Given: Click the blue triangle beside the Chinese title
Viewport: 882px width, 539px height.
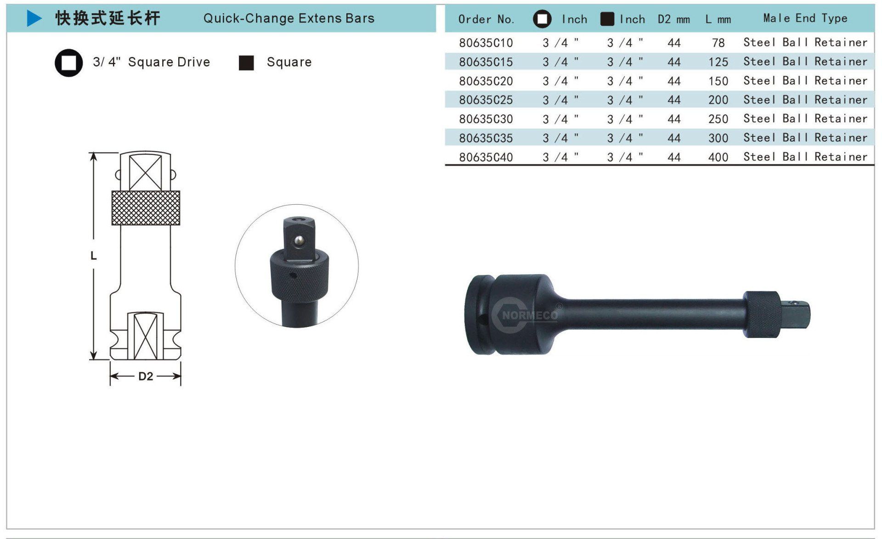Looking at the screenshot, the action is (34, 18).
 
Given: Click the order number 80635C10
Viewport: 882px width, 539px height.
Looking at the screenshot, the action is (486, 43).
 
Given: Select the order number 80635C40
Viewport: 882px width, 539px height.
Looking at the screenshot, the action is (486, 157).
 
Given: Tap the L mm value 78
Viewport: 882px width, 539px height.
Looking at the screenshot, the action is (718, 43).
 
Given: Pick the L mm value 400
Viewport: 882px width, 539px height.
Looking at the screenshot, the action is (718, 157).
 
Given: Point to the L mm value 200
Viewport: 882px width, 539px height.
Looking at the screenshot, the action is (718, 100).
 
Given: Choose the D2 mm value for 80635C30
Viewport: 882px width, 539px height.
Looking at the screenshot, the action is (674, 119).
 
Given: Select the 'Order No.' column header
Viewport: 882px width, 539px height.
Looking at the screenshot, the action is (486, 19).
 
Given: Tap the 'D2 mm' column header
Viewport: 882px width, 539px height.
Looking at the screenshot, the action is (673, 19).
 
